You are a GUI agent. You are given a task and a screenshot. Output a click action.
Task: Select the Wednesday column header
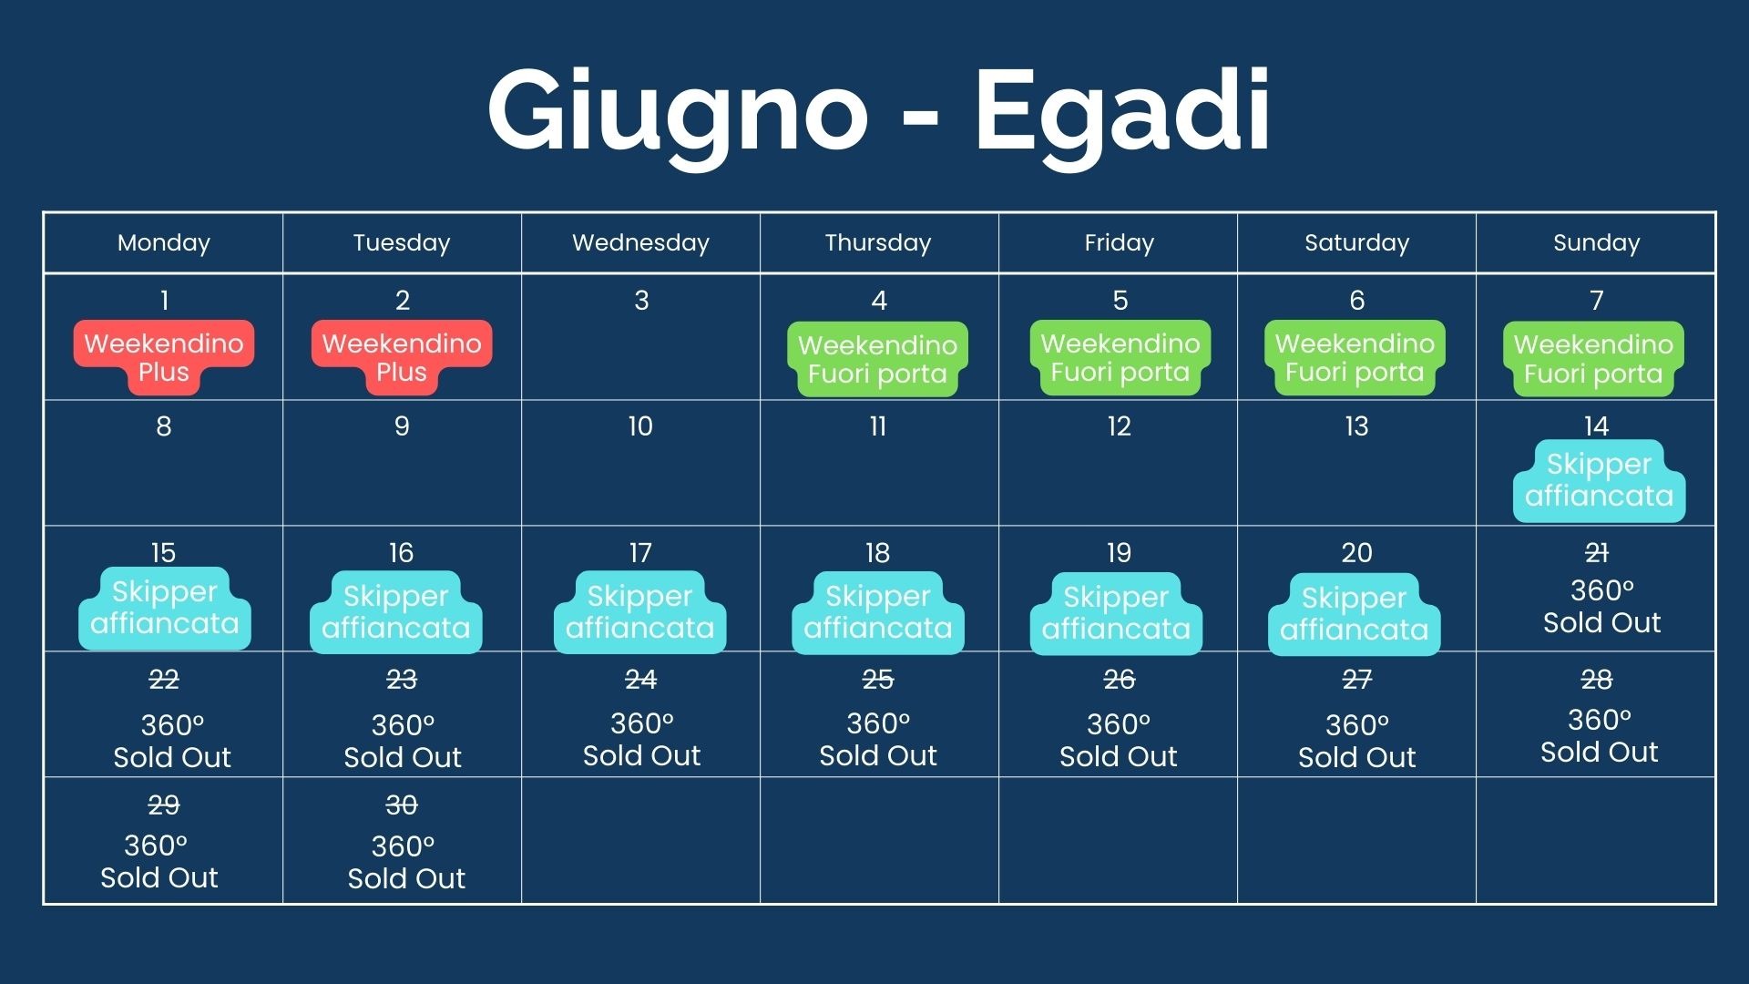click(640, 242)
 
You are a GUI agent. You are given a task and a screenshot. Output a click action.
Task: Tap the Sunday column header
click(1596, 242)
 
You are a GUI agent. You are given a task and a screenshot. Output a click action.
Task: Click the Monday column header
click(164, 242)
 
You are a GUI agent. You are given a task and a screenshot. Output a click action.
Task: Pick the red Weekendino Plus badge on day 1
click(164, 357)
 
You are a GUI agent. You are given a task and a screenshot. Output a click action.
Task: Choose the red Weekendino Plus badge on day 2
click(402, 357)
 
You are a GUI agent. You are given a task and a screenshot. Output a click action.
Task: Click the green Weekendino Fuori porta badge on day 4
click(877, 359)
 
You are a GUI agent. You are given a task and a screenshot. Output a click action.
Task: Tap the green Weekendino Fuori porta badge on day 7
click(1593, 359)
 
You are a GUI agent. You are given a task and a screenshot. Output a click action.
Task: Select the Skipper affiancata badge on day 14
click(1600, 481)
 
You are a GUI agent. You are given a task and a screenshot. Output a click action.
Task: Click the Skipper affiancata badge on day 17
click(639, 612)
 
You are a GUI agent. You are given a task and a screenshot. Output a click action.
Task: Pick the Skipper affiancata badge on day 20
click(1355, 614)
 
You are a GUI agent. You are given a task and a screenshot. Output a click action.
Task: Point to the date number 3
click(641, 301)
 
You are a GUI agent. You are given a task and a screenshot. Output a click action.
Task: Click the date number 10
click(640, 426)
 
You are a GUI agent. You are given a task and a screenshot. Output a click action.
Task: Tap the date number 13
click(1356, 426)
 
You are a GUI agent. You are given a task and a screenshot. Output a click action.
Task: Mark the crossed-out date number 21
click(1596, 553)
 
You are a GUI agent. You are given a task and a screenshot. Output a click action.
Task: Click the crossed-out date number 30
click(402, 805)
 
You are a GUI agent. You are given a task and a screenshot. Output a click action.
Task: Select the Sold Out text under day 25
click(878, 755)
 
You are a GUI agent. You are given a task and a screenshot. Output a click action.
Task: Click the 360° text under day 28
click(1600, 720)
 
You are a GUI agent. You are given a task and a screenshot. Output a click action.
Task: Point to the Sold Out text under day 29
click(159, 877)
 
